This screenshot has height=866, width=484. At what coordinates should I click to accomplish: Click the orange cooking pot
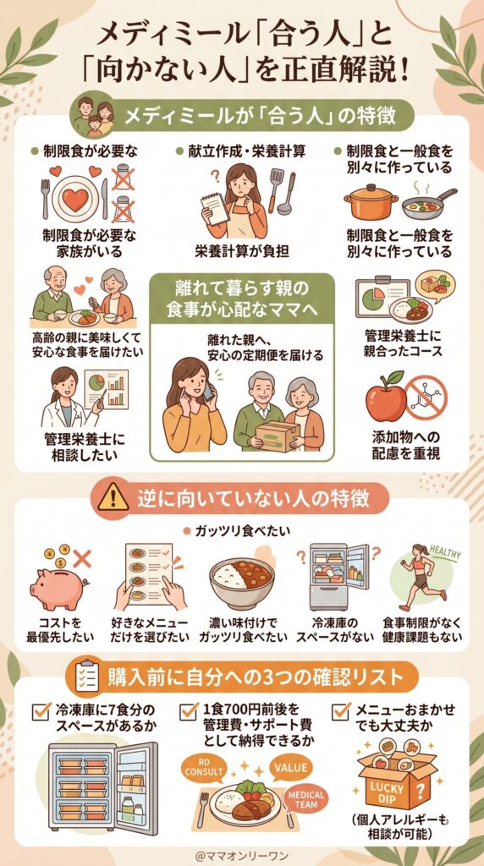click(x=371, y=204)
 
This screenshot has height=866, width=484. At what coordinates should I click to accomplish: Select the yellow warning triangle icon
click(x=113, y=498)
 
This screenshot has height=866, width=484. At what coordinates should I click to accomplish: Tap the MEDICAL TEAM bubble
click(x=305, y=799)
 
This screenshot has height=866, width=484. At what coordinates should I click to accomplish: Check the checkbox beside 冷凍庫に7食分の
click(x=40, y=710)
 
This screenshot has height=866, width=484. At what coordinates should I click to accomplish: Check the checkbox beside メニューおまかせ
click(x=342, y=710)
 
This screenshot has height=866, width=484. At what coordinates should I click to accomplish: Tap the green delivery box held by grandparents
click(x=278, y=436)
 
